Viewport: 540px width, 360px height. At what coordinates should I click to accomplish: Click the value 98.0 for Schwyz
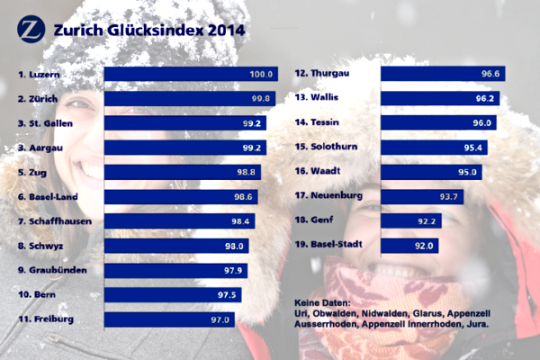click(x=236, y=245)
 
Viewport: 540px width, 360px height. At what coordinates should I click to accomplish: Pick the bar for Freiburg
click(x=171, y=319)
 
